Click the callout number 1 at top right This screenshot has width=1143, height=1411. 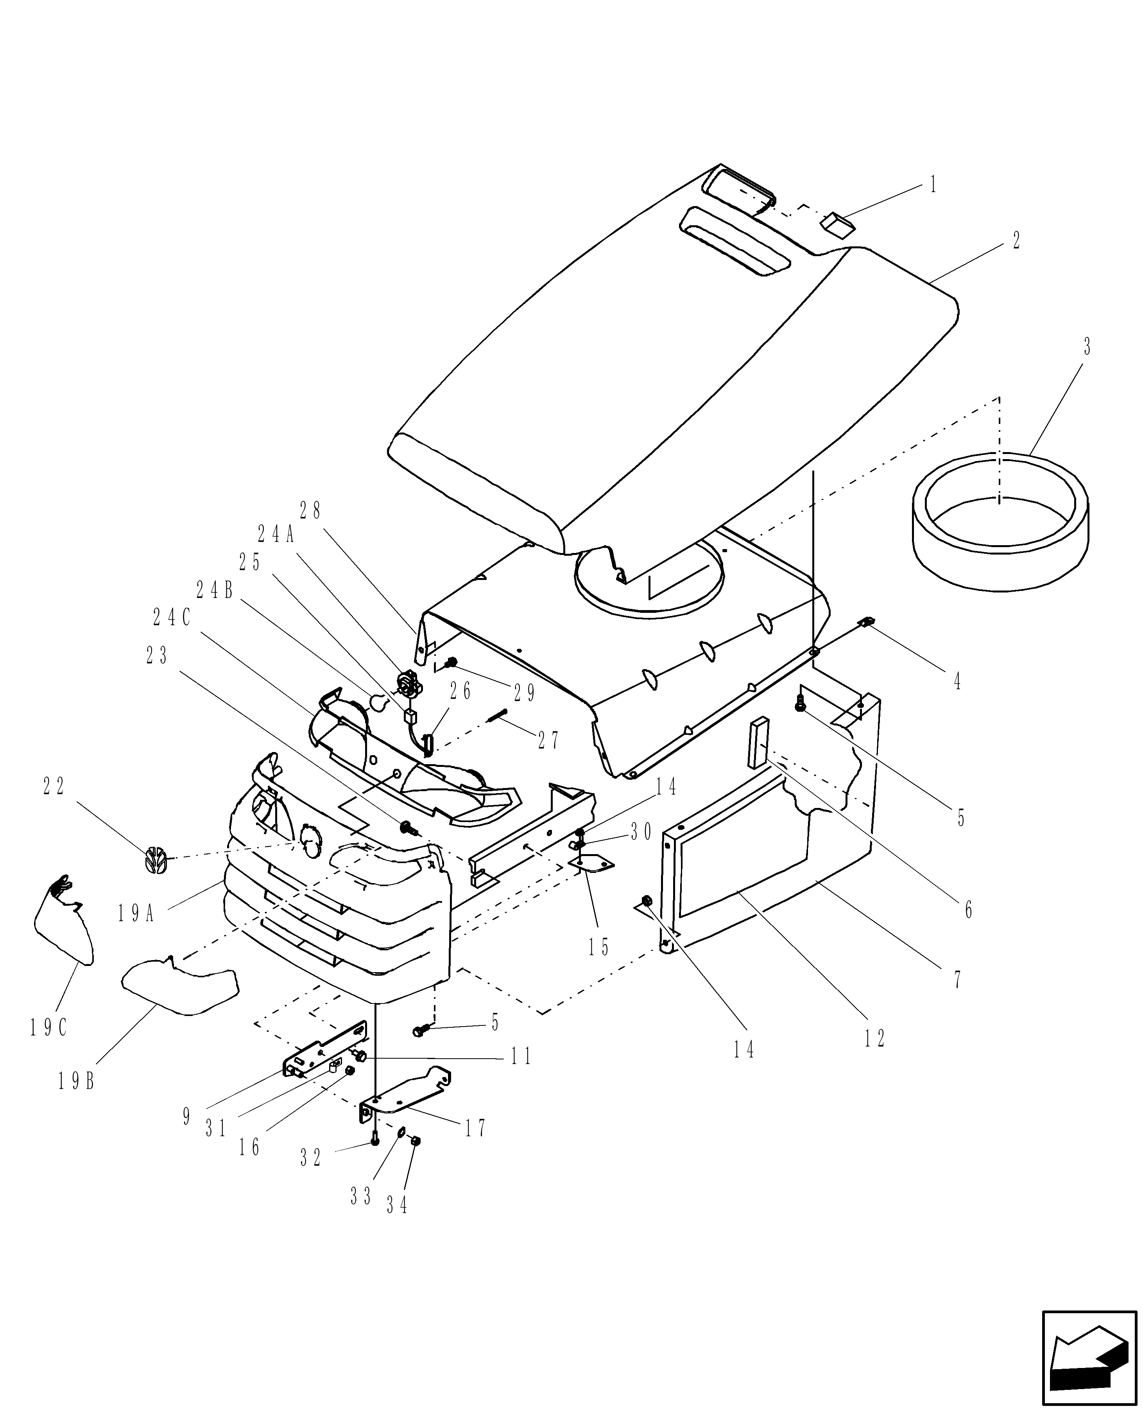click(x=933, y=185)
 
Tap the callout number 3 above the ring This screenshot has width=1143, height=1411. click(x=1086, y=346)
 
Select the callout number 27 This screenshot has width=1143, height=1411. click(x=548, y=740)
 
